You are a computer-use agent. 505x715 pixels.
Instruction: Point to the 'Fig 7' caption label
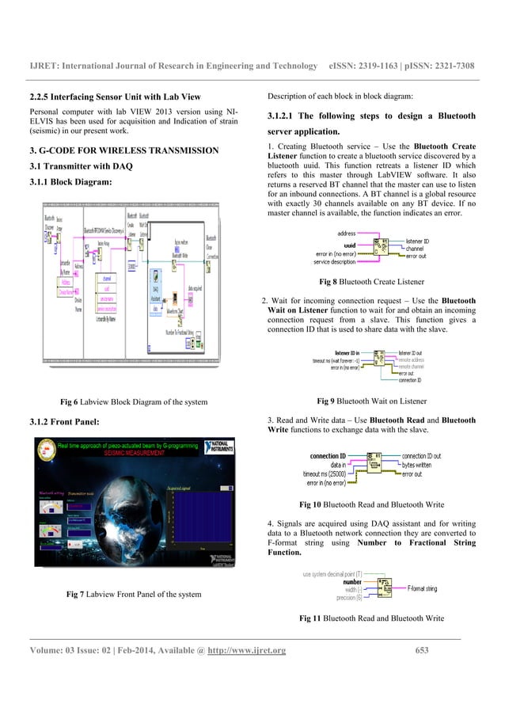tap(77, 594)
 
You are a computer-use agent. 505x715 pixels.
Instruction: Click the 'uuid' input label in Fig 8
tap(349, 245)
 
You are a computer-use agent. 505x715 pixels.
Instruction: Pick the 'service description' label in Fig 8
tap(335, 261)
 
